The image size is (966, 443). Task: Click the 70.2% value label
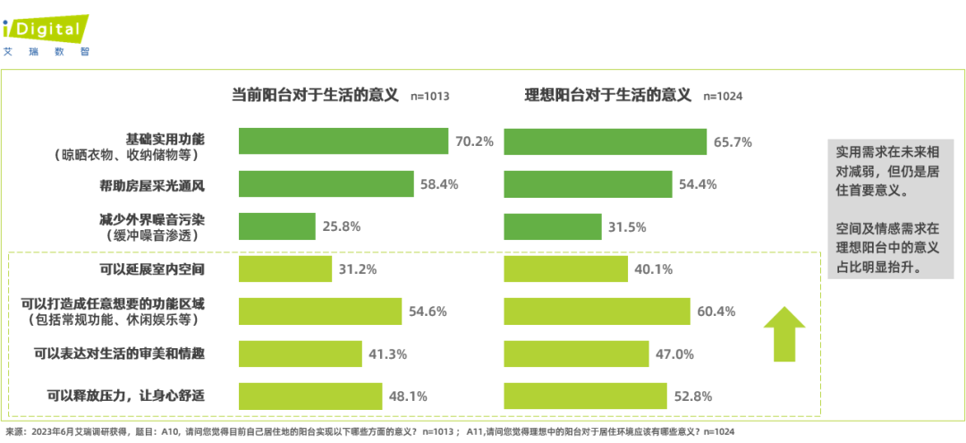coord(474,141)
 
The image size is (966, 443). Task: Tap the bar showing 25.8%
coord(277,226)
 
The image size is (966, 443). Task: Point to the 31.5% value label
coord(627,226)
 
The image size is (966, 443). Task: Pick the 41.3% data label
coord(387,354)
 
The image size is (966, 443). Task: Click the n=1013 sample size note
coord(429,97)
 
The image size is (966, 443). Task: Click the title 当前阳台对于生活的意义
coord(315,94)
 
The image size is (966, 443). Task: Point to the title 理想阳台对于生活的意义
coord(608,94)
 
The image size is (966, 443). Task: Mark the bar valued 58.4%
coord(326,184)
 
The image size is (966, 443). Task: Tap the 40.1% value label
coord(653,269)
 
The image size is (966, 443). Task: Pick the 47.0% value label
coord(674,354)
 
